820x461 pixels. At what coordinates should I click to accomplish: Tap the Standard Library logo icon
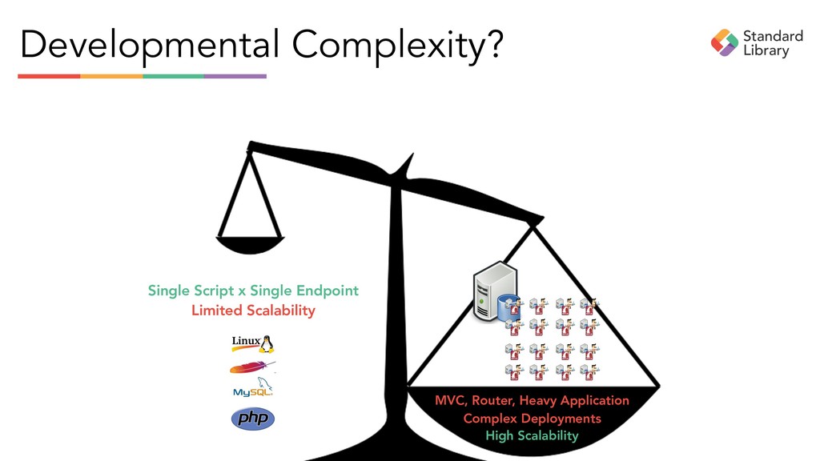725,42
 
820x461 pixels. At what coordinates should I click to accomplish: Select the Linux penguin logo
253,343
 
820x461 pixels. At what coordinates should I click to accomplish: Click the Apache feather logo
252,367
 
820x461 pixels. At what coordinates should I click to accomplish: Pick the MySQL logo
253,391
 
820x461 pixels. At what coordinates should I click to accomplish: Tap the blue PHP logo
253,418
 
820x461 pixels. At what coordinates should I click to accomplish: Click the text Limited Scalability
253,311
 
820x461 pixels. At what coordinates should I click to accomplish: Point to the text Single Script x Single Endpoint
253,291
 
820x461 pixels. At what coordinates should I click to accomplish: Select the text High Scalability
532,436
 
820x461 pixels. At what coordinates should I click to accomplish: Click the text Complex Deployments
532,419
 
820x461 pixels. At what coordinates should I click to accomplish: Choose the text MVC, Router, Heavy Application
532,400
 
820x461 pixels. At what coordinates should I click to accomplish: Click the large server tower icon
492,290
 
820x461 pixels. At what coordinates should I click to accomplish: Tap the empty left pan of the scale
250,243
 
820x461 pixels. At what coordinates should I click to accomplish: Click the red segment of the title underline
49,76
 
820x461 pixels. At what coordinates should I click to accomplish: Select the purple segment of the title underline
235,76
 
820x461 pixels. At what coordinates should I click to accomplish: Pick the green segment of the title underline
174,76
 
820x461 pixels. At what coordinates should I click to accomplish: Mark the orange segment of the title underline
111,76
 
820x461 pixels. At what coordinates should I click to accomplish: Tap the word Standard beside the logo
773,36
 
